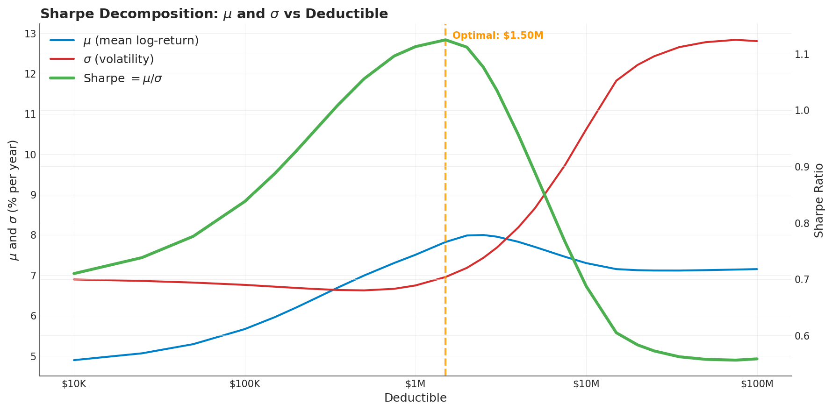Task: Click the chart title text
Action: pos(214,14)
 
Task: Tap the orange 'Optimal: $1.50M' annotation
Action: pos(498,36)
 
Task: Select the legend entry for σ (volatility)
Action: pos(118,60)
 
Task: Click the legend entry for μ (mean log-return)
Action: pos(141,41)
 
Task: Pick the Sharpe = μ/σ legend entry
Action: pos(122,78)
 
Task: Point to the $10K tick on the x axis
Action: pos(74,384)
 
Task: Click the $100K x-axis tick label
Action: pos(244,384)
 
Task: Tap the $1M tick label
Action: pos(416,384)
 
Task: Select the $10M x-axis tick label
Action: pos(586,384)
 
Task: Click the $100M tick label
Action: pos(757,384)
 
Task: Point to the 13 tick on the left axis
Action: pos(30,34)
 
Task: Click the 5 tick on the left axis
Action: pos(33,356)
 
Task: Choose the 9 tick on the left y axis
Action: pos(33,195)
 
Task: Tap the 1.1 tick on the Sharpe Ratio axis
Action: pos(802,55)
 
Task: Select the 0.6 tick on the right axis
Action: pos(802,336)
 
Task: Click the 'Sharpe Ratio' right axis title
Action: pos(819,200)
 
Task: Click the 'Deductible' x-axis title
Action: pos(416,398)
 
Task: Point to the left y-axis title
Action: pos(14,200)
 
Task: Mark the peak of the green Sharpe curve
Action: pos(445,40)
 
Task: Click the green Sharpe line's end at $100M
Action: pos(757,359)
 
